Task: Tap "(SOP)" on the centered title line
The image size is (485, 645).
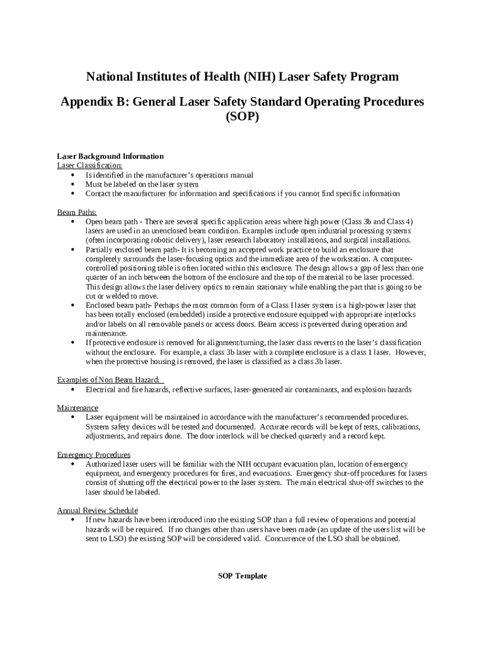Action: pos(243,117)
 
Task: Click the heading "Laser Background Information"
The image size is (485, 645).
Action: pos(110,156)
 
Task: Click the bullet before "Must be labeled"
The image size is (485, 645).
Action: pos(74,185)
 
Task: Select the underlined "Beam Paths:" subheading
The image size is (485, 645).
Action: pos(77,212)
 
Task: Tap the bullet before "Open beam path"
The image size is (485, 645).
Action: pos(74,222)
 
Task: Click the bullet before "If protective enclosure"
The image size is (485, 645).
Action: pos(74,343)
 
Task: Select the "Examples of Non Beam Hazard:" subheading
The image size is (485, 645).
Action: pos(110,380)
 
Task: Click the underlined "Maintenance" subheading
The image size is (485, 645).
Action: pos(77,408)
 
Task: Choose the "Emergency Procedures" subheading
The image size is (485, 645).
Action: pos(94,455)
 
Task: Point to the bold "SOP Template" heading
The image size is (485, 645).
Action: pos(243,576)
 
